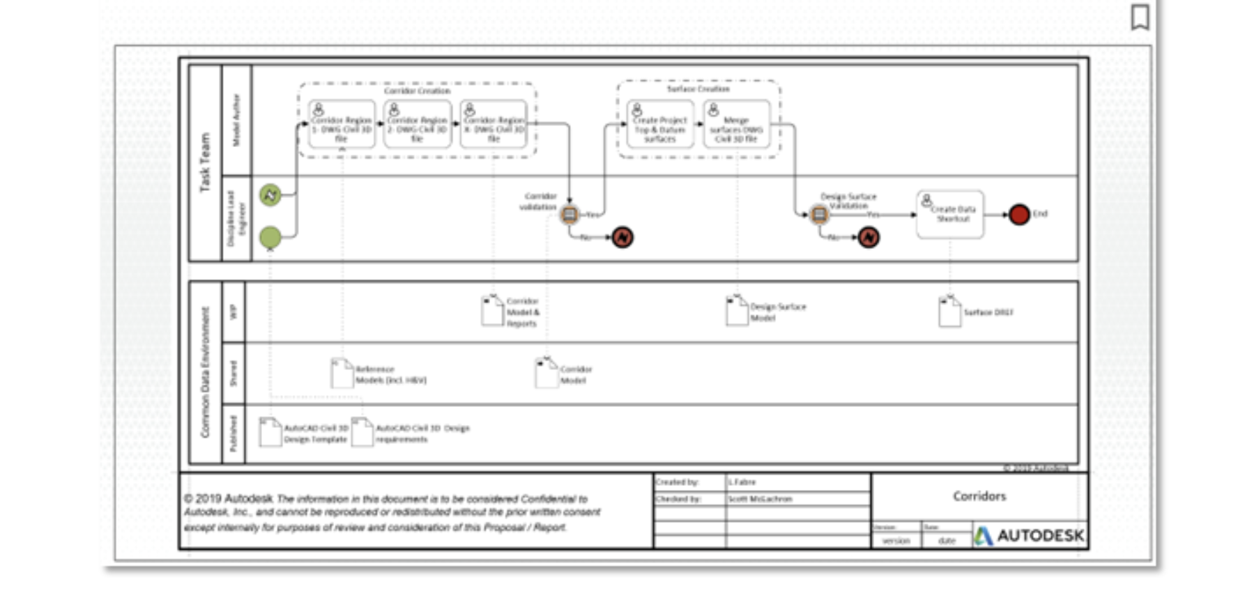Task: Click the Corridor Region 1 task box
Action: click(342, 124)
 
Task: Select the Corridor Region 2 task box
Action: click(417, 124)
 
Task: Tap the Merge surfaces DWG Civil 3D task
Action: click(736, 125)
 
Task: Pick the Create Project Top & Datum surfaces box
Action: click(659, 125)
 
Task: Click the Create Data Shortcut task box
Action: click(950, 215)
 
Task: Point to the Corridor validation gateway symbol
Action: click(570, 214)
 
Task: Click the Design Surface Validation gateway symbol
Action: click(819, 214)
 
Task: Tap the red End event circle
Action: click(1019, 214)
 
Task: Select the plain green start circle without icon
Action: click(270, 238)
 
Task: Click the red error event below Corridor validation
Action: click(622, 238)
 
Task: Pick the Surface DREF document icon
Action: click(949, 312)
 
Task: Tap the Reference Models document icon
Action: click(342, 374)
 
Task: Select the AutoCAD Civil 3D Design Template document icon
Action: click(270, 432)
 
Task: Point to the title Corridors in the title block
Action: click(979, 496)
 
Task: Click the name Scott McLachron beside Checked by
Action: click(760, 499)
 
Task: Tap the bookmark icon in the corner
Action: click(1140, 17)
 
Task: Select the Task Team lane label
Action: click(205, 162)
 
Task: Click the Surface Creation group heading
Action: click(698, 89)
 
